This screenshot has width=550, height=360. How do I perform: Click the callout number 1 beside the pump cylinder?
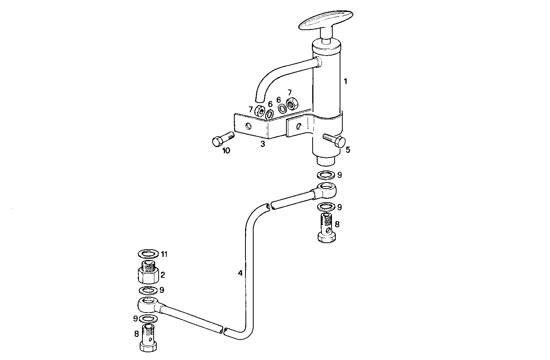[346, 81]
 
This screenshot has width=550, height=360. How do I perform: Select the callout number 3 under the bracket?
[262, 144]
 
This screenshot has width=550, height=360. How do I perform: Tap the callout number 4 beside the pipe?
[240, 273]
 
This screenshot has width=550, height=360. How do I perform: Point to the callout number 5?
[348, 150]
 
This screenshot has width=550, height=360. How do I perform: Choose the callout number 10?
[226, 150]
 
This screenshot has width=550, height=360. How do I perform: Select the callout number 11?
[164, 254]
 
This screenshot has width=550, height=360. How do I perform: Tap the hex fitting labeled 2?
[148, 272]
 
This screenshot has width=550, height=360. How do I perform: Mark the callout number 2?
[163, 275]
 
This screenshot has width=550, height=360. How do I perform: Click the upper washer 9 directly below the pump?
[326, 175]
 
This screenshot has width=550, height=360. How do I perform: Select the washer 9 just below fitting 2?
[147, 290]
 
